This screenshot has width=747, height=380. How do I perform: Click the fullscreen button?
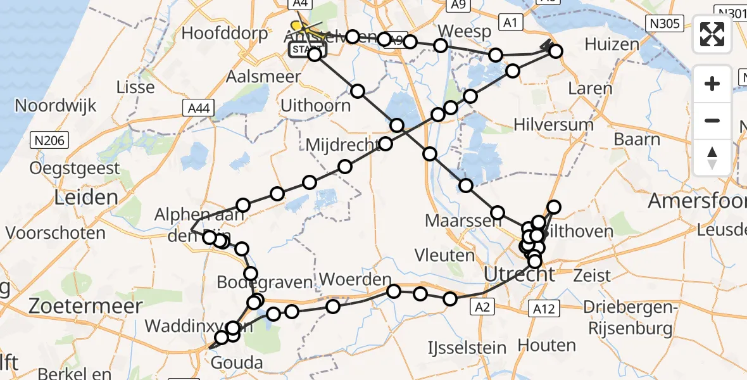712,34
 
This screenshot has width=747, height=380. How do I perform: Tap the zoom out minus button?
712,120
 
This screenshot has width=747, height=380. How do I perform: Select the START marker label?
306,49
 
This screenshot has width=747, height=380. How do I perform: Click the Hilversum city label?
553,124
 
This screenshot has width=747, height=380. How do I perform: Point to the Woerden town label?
356,279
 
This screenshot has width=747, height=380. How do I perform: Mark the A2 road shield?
482,307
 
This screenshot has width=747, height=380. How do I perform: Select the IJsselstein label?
467,348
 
